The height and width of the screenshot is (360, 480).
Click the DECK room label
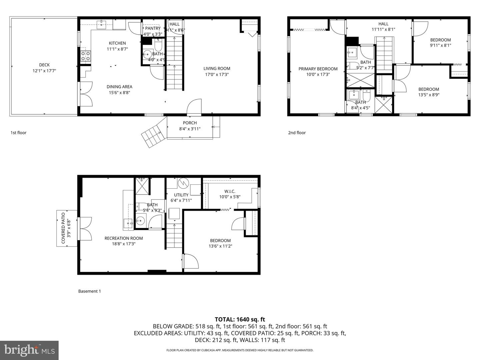[44, 65]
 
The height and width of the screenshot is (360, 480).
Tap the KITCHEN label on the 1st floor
[117, 43]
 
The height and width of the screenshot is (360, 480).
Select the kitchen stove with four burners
[86, 56]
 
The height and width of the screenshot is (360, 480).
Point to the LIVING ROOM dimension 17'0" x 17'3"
[217, 74]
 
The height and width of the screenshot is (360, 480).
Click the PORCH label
[190, 123]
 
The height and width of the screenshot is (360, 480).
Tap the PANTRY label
[153, 28]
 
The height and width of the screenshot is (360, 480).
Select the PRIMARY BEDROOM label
[318, 69]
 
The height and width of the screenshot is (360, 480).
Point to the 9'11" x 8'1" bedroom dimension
[440, 45]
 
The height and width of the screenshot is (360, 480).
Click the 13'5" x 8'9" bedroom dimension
[429, 95]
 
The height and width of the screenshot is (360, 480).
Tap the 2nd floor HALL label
[383, 24]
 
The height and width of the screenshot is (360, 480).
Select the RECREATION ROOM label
[124, 238]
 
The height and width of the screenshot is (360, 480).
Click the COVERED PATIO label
[63, 229]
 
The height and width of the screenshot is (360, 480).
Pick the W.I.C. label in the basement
[230, 191]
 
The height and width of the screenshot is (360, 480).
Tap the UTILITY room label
[181, 195]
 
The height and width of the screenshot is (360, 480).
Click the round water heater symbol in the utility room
[183, 183]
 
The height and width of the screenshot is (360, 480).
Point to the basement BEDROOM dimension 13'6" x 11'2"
[220, 246]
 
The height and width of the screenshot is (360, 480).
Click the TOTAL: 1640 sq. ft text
[240, 319]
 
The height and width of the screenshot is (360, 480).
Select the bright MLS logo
[29, 350]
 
